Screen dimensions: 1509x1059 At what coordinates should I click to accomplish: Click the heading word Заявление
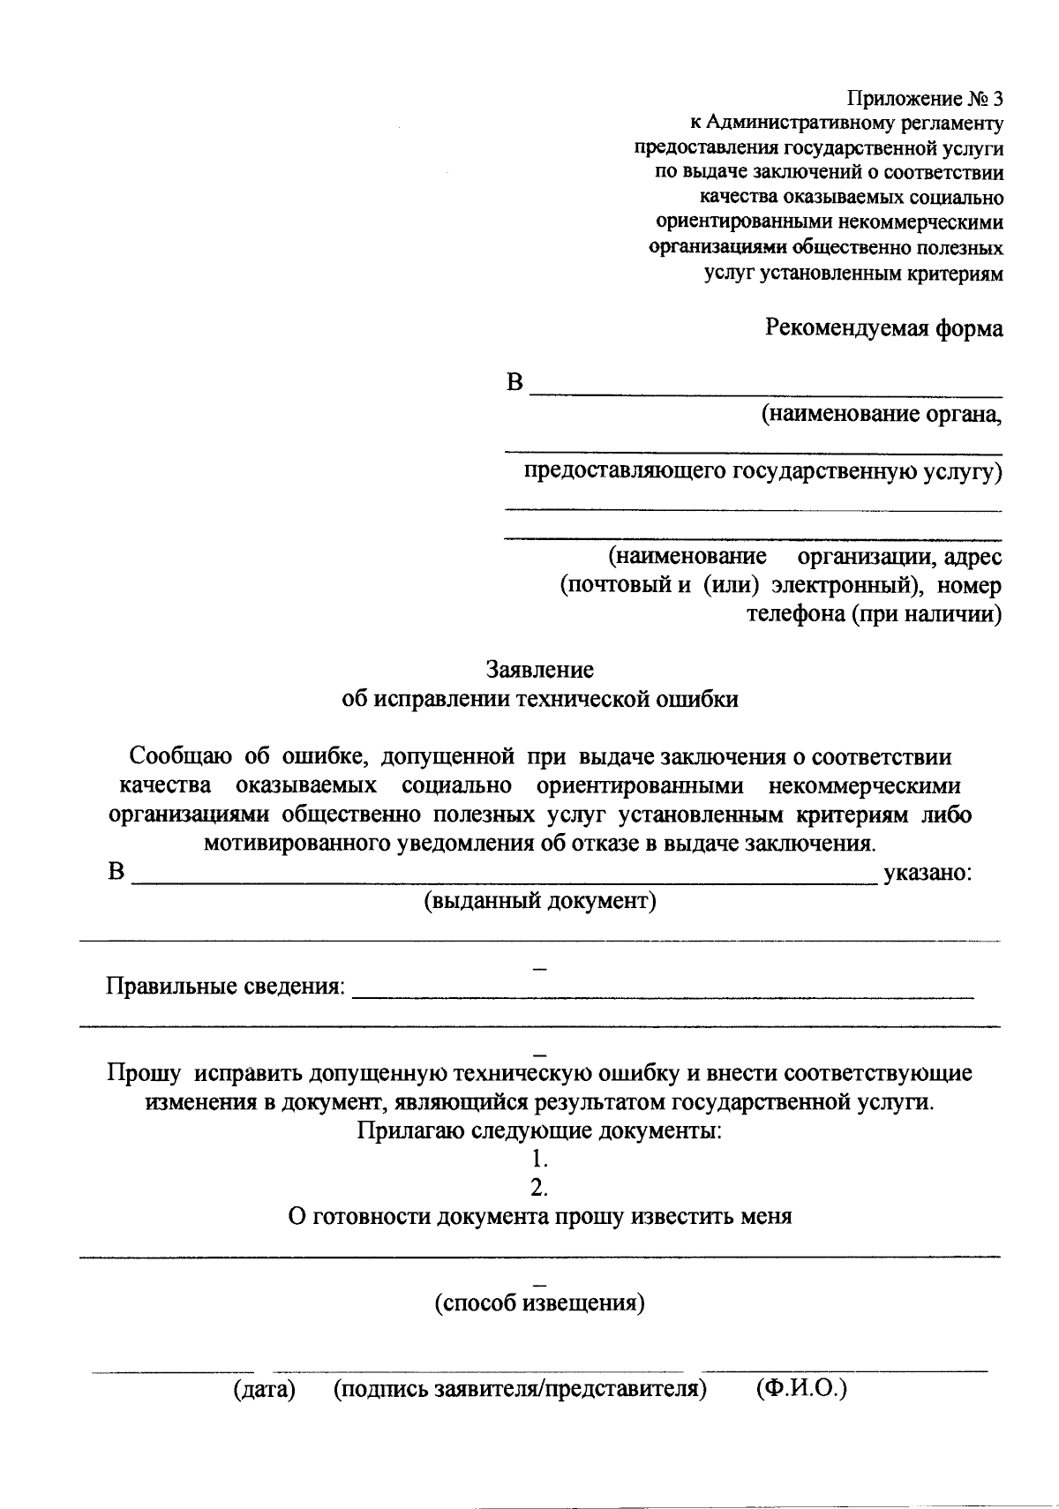539,670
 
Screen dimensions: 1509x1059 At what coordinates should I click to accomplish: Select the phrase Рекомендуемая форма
883,329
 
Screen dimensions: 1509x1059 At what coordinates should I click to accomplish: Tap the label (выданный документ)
540,901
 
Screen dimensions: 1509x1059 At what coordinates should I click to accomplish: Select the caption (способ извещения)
539,1303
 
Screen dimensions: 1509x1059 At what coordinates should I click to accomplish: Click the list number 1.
541,1158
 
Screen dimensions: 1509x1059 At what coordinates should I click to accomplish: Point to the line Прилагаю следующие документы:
539,1130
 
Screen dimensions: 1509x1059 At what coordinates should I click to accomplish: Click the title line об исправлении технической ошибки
539,699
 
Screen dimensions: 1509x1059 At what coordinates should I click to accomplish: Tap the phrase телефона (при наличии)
874,614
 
